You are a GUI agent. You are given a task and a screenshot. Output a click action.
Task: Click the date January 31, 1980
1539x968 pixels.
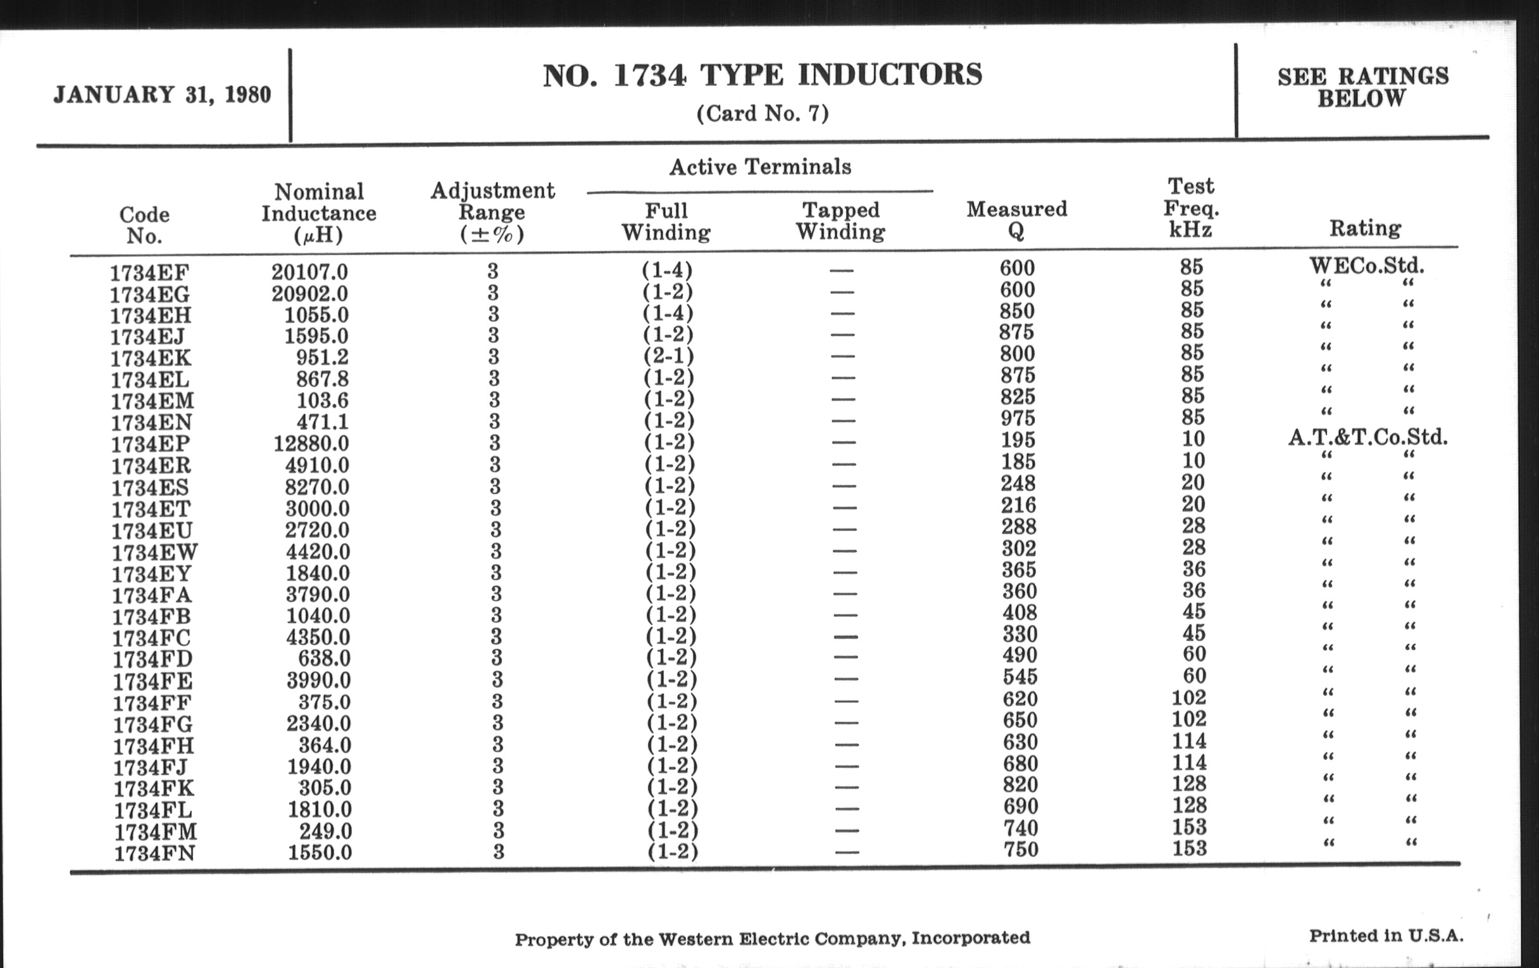click(163, 95)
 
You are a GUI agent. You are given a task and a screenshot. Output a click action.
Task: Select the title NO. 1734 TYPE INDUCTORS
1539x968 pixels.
click(763, 75)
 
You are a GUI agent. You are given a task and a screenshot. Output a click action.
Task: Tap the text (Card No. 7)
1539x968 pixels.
click(763, 114)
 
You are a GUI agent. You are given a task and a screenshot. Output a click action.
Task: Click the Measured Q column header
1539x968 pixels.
click(1016, 219)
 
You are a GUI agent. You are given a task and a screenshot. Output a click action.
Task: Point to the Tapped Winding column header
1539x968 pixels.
click(840, 220)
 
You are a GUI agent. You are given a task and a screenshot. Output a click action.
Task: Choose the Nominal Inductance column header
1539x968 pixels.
click(318, 213)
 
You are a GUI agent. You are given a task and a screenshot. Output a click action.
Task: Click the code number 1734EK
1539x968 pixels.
click(150, 359)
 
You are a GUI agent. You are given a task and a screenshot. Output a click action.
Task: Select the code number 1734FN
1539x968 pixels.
click(154, 853)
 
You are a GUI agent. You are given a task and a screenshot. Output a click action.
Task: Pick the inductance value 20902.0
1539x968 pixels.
click(310, 294)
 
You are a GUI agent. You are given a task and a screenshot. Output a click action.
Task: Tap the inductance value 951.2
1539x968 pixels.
click(322, 357)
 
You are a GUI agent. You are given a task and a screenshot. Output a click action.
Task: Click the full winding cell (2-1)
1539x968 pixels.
click(668, 356)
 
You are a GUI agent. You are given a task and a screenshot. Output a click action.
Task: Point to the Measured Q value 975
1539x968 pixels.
click(1018, 418)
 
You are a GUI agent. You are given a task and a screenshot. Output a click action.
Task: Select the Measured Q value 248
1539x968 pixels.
click(1018, 483)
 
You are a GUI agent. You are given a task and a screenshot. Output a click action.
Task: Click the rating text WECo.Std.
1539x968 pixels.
click(1366, 265)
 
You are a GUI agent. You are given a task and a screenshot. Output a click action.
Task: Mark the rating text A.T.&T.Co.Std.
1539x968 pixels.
click(1368, 438)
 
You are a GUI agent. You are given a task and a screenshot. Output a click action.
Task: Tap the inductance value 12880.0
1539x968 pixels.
click(311, 443)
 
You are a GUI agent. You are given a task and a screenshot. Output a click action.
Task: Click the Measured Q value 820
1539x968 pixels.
click(1020, 785)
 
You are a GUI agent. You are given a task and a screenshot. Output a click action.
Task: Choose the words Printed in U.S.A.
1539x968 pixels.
click(1386, 936)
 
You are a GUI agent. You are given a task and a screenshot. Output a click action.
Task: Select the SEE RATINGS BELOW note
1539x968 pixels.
click(1362, 87)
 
